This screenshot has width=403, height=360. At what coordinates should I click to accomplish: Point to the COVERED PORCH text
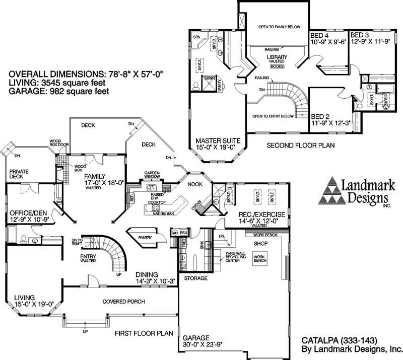123,302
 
